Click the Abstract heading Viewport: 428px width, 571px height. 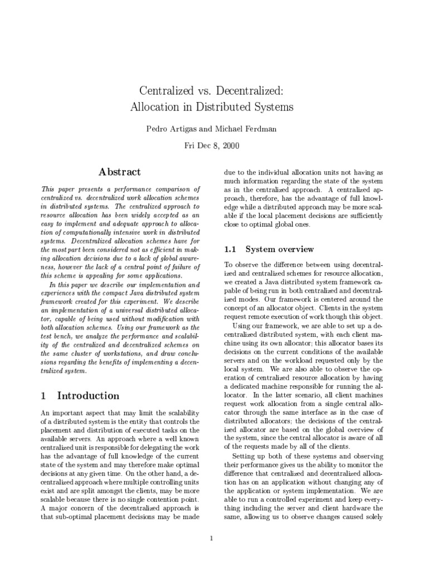coord(120,172)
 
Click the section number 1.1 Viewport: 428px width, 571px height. coord(231,249)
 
